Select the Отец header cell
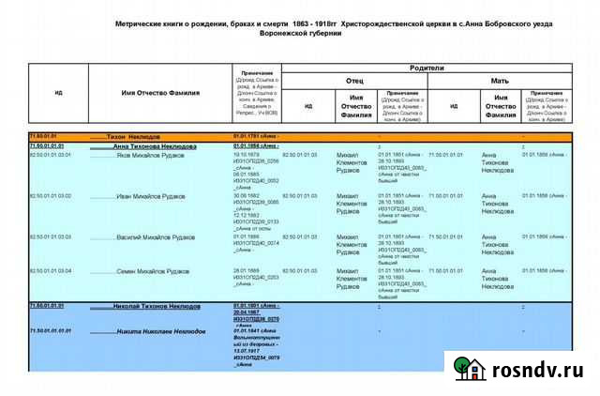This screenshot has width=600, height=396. pos(354,81)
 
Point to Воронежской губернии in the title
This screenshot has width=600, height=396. pos(300,33)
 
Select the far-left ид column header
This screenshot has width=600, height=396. pos(58,92)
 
